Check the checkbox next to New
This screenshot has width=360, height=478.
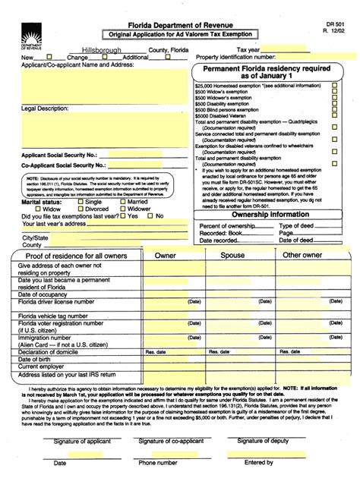point(50,57)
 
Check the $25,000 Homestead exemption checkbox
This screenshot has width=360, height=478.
point(334,86)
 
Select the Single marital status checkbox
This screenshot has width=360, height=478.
point(81,203)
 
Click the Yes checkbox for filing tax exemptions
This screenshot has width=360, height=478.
point(123,216)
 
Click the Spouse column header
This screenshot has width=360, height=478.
point(232,256)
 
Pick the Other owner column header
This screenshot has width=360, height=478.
point(302,256)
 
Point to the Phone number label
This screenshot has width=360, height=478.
point(157,462)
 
